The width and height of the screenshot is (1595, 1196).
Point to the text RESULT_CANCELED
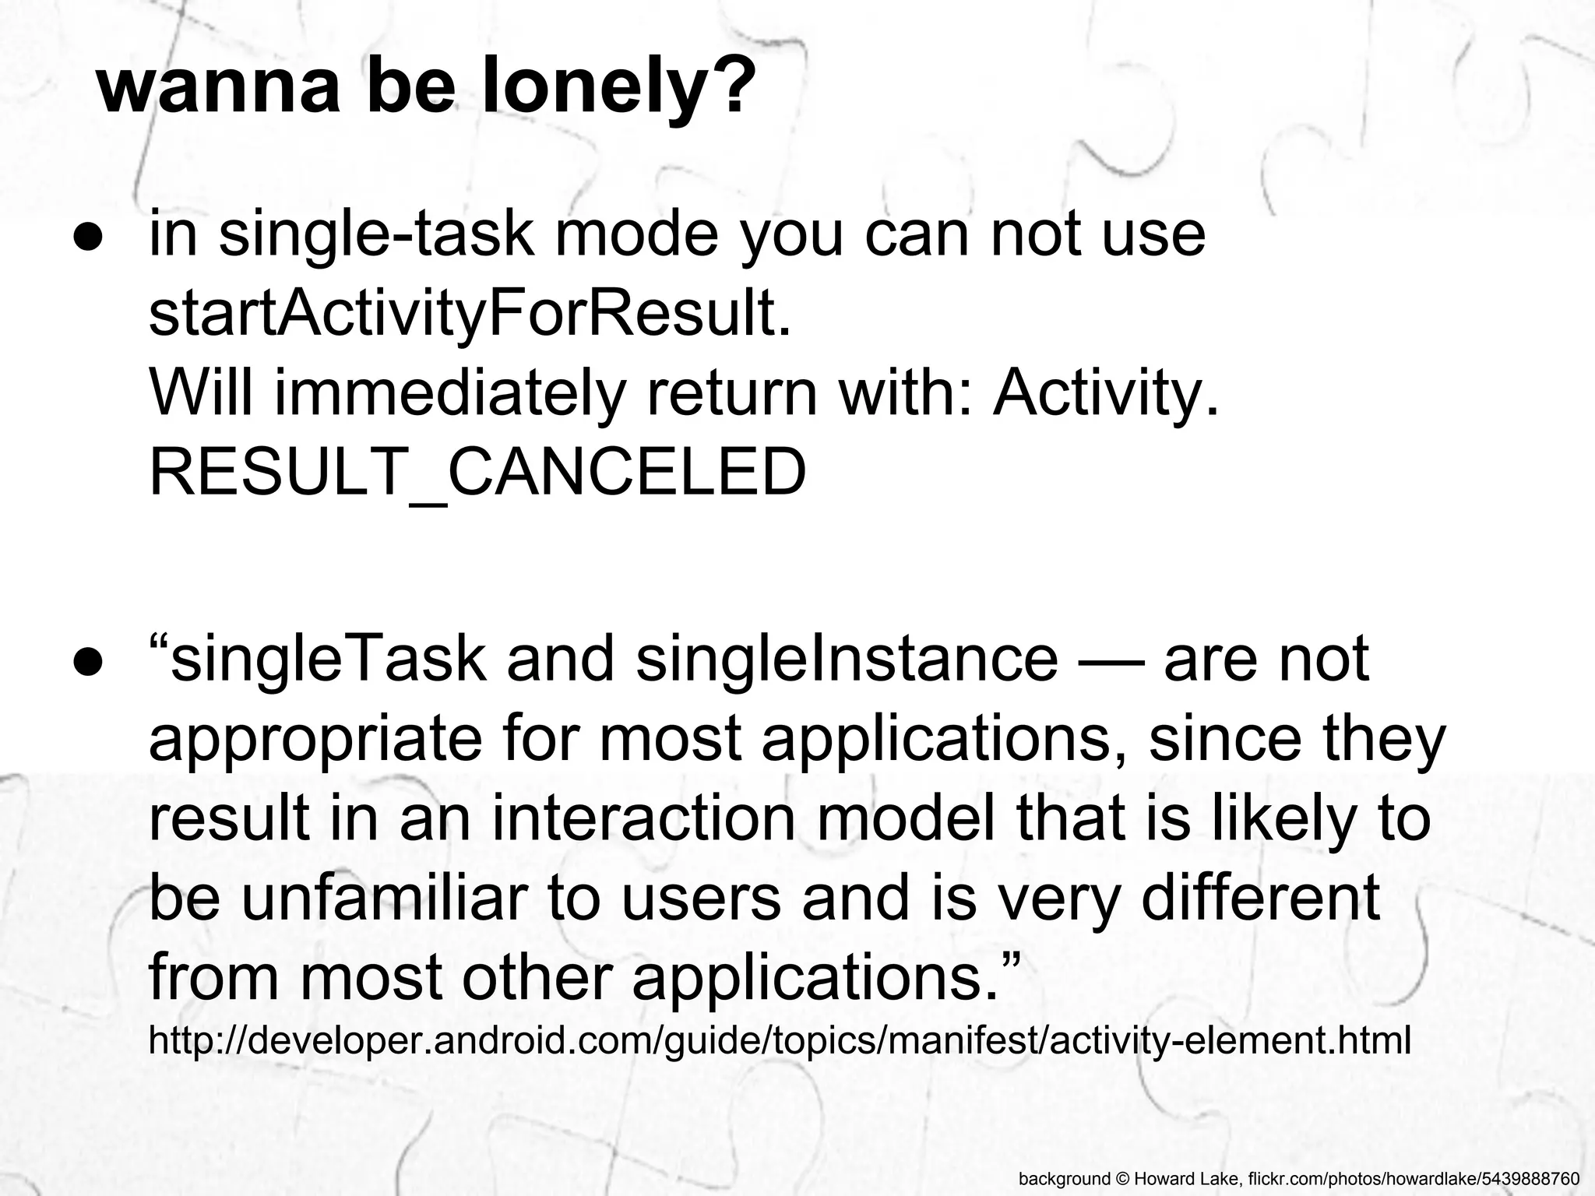pyautogui.click(x=477, y=472)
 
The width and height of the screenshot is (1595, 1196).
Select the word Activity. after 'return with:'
pyautogui.click(x=1105, y=392)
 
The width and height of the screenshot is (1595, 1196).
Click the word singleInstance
pyautogui.click(x=847, y=659)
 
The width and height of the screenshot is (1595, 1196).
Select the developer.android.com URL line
pyautogui.click(x=779, y=1040)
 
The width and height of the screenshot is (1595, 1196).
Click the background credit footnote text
pyautogui.click(x=1298, y=1178)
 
